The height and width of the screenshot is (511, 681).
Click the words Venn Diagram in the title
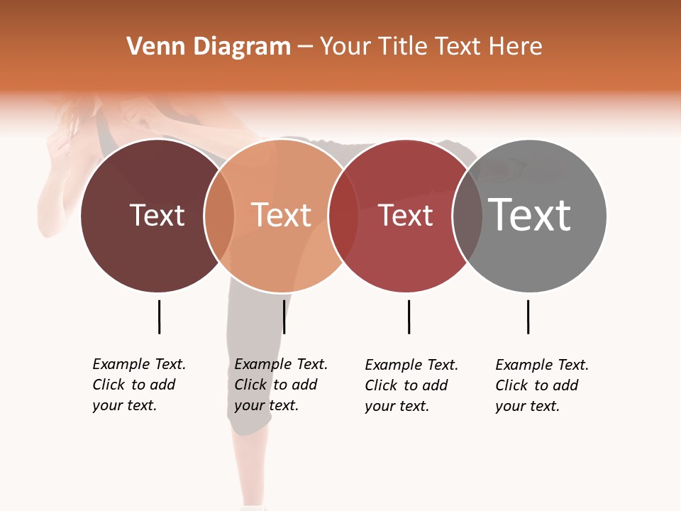point(209,47)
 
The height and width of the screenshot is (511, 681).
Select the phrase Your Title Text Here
point(431,47)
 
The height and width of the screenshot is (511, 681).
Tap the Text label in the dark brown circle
point(157,215)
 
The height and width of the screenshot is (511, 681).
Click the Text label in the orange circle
point(282,215)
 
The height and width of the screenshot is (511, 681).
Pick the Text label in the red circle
point(405,215)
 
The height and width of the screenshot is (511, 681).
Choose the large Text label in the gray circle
point(530,214)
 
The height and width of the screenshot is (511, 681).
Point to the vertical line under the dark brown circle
point(159,317)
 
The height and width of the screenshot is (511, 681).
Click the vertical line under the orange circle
point(284,317)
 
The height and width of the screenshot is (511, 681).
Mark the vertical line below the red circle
point(409,317)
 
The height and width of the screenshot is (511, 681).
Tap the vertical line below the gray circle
point(528,317)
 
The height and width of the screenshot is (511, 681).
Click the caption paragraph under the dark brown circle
point(139,385)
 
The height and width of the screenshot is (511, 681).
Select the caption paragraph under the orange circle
point(281,385)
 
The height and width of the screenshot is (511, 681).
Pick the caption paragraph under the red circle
point(411,385)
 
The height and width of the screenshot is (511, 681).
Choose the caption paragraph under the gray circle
point(542,385)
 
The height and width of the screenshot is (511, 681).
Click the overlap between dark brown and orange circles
point(219,216)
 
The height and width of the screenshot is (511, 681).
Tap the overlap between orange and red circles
point(343,216)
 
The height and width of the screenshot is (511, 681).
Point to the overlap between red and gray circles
point(467,216)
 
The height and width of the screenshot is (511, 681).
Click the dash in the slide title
point(305,47)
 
